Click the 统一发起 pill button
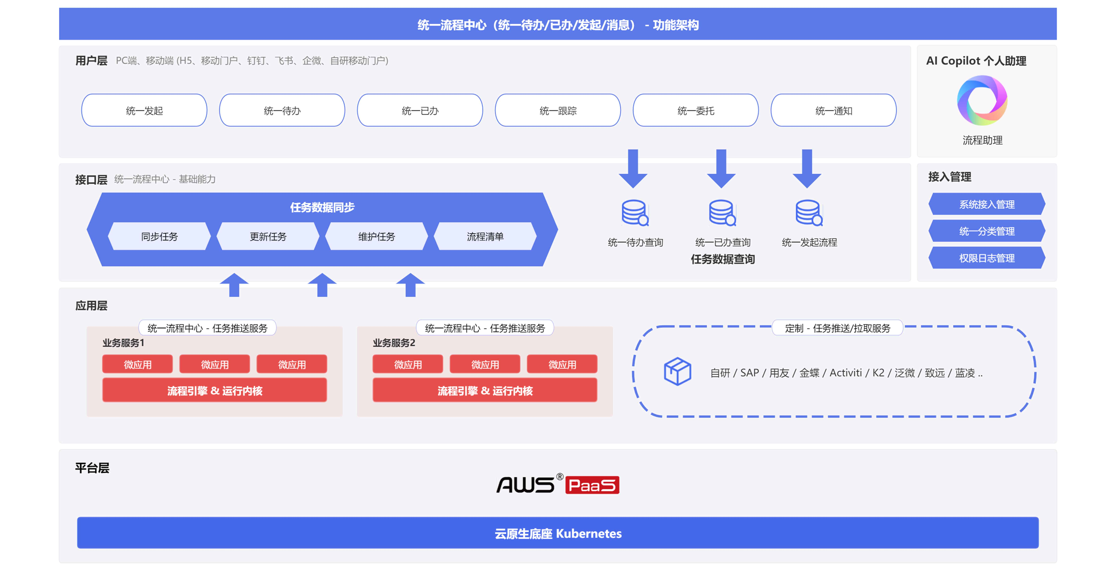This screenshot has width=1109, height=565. click(144, 111)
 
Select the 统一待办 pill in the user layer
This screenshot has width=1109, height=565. click(282, 111)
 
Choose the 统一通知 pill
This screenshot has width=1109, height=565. click(834, 111)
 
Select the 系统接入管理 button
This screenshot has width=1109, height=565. click(987, 204)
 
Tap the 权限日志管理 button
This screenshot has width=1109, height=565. click(987, 258)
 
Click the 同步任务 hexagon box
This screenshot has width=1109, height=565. click(159, 236)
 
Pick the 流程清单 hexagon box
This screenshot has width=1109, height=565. click(485, 236)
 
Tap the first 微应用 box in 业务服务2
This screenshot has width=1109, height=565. click(408, 364)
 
